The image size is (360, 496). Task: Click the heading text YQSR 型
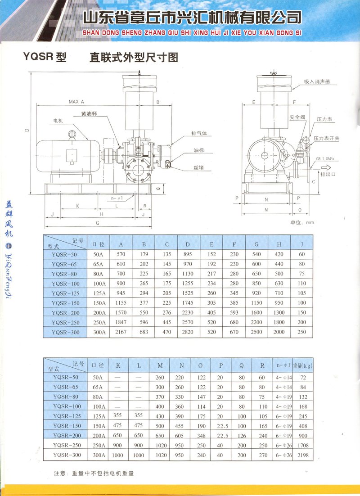pos(45,57)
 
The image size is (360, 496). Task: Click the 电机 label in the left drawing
pos(58,121)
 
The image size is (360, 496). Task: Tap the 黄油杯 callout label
pos(89,113)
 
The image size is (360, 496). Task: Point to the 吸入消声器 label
pos(317,81)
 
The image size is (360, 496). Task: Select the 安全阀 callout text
pos(297,117)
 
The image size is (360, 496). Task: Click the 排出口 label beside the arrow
pos(328,174)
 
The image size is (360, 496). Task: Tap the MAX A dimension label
pos(76,102)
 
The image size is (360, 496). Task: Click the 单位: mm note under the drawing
pos(302,222)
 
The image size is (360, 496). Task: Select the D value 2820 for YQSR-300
pos(188,332)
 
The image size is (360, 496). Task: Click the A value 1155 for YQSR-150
pos(121,303)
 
